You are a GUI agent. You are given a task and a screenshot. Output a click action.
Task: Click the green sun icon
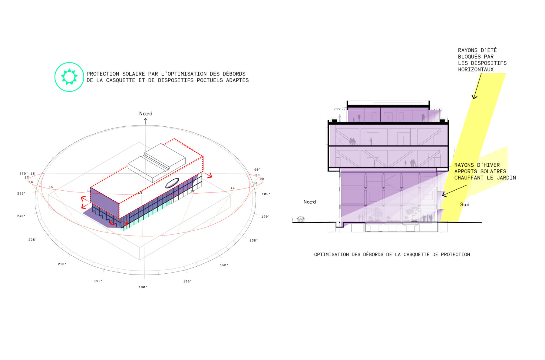pyautogui.click(x=69, y=77)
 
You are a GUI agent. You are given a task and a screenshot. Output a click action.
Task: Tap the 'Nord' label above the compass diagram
pyautogui.click(x=146, y=114)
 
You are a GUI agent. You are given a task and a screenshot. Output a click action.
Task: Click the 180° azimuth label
pyautogui.click(x=143, y=287)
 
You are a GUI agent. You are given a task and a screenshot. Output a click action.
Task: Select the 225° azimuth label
pyautogui.click(x=33, y=240)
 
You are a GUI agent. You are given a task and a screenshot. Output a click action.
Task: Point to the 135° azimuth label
pyautogui.click(x=254, y=241)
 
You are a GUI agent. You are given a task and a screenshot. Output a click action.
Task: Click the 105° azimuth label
pyautogui.click(x=266, y=194)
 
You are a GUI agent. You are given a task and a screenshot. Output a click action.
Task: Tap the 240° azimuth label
pyautogui.click(x=21, y=216)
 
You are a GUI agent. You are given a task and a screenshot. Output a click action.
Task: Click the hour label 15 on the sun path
pyautogui.click(x=51, y=187)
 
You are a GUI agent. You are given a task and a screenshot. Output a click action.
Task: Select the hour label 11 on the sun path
pyautogui.click(x=233, y=188)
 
